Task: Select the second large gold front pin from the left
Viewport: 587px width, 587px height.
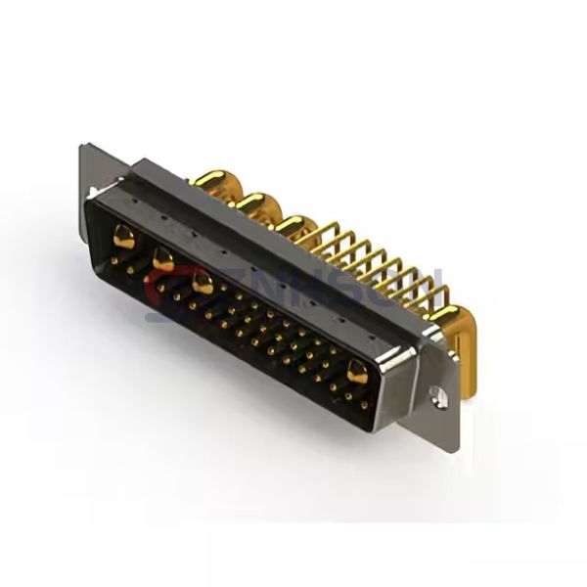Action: (x=162, y=259)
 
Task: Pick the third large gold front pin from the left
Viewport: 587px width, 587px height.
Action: (x=203, y=286)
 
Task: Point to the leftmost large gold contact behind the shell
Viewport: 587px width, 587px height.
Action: (x=213, y=182)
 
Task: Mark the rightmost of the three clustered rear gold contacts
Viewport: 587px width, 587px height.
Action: (x=292, y=226)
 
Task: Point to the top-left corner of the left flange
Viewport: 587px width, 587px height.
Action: (x=84, y=148)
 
